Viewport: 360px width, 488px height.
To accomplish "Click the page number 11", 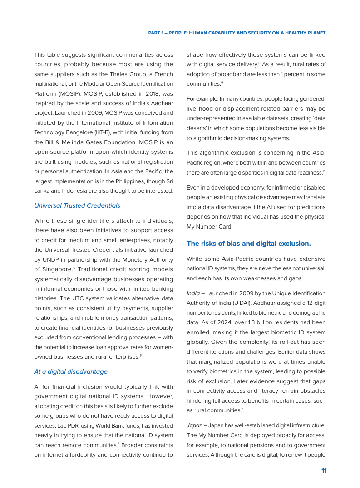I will (x=324, y=471).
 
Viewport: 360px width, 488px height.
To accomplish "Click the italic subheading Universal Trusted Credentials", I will (x=77, y=205).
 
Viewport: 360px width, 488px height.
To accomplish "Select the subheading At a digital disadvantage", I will (x=71, y=371).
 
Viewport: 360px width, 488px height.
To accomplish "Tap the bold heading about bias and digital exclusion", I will (x=249, y=244).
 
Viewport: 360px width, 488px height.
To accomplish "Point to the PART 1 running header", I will (x=237, y=33).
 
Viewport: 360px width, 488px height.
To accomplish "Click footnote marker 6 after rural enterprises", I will (x=141, y=356).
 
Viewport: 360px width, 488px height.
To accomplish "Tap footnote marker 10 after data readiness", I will (x=324, y=171).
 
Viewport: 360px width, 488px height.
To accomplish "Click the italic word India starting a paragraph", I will (x=193, y=293).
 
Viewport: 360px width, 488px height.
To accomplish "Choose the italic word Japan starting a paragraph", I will (x=194, y=425).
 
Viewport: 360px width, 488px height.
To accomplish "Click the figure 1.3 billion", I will (x=246, y=322).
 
